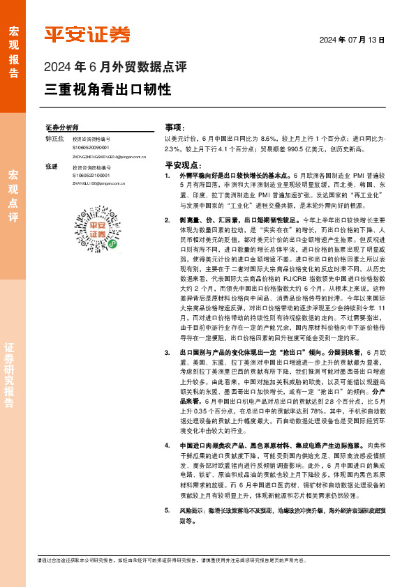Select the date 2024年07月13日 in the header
click(x=352, y=40)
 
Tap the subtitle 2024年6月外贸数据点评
click(x=115, y=68)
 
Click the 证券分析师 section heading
click(x=61, y=128)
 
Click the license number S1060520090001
click(x=91, y=148)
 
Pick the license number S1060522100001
click(x=91, y=176)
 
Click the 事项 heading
click(x=174, y=128)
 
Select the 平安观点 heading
click(x=183, y=165)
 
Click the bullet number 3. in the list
click(x=168, y=353)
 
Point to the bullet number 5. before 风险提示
click(x=168, y=510)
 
